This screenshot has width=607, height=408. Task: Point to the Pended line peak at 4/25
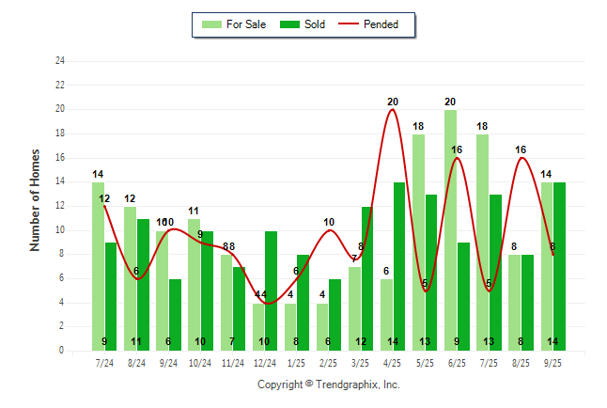393,110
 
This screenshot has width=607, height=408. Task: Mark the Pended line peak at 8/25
521,158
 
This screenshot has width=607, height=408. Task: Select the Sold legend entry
303,24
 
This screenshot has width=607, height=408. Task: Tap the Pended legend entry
375,24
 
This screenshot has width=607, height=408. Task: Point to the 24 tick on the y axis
60,61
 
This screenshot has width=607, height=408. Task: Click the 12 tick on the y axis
60,206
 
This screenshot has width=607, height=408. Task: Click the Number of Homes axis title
36,200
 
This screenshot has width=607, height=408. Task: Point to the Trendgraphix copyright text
329,384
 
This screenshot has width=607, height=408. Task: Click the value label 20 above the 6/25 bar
450,102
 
